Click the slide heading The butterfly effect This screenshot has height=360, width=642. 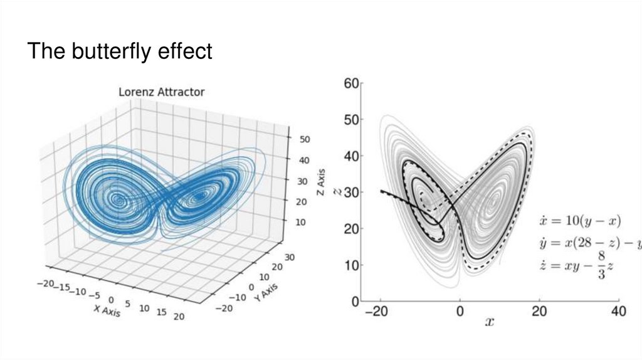pyautogui.click(x=119, y=51)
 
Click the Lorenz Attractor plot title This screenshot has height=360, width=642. pyautogui.click(x=162, y=92)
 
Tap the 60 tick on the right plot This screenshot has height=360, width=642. pyautogui.click(x=350, y=83)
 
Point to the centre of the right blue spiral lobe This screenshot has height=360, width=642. pyautogui.click(x=199, y=196)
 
